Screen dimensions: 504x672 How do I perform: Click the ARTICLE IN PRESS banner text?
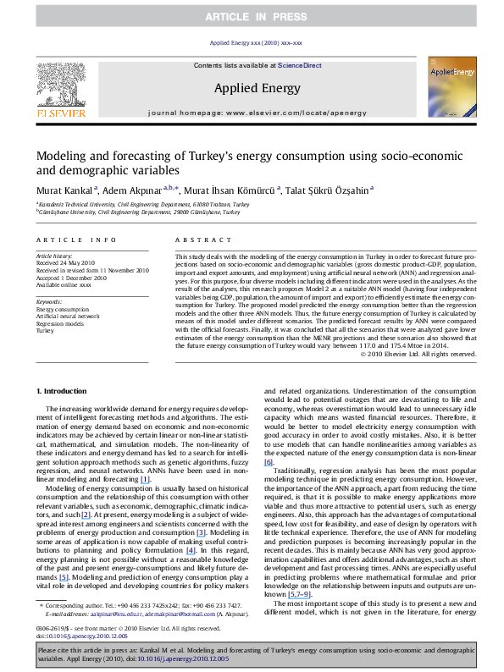[252, 15]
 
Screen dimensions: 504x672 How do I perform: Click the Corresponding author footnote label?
[80, 605]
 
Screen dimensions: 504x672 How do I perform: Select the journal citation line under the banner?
[252, 41]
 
